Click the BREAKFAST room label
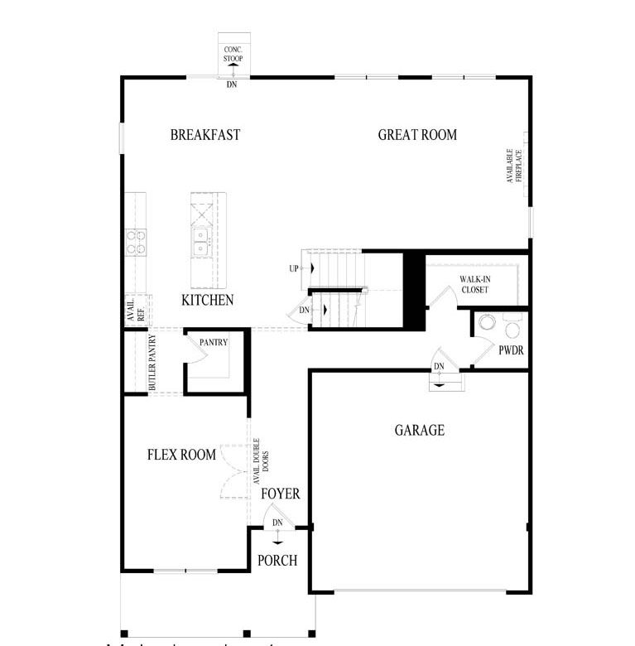pyautogui.click(x=204, y=135)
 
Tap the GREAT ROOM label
pyautogui.click(x=417, y=135)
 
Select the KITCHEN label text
pyautogui.click(x=207, y=301)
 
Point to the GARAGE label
pyautogui.click(x=419, y=430)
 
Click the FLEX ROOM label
pyautogui.click(x=181, y=455)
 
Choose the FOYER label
pyautogui.click(x=280, y=494)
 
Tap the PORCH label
pyautogui.click(x=277, y=561)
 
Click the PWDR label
pyautogui.click(x=511, y=351)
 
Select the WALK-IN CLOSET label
pyautogui.click(x=474, y=285)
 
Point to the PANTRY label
pyautogui.click(x=213, y=342)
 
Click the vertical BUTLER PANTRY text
pyautogui.click(x=153, y=364)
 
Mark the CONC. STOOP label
pyautogui.click(x=233, y=54)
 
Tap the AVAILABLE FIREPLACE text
pyautogui.click(x=514, y=166)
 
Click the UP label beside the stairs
pyautogui.click(x=293, y=269)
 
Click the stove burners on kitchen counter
pyautogui.click(x=136, y=242)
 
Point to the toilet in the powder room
pyautogui.click(x=488, y=321)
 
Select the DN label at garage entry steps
pyautogui.click(x=439, y=367)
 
